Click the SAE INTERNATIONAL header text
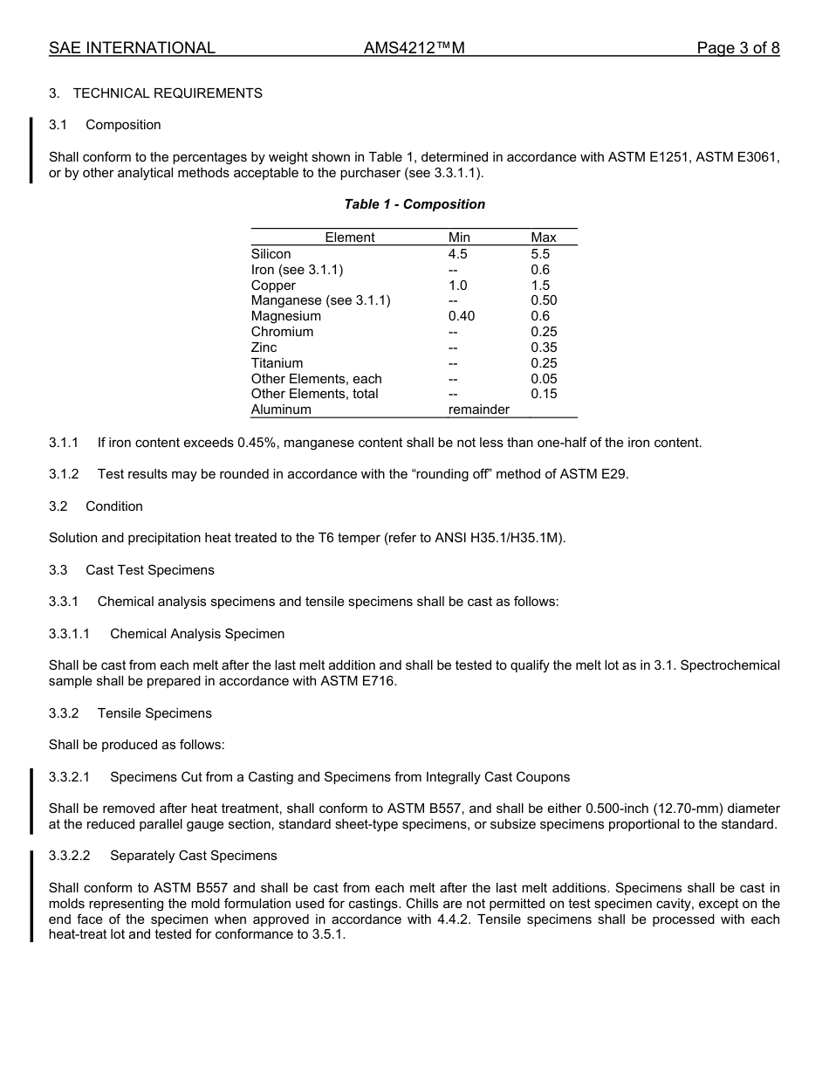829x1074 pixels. tap(132, 48)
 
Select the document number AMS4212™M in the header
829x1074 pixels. tap(414, 48)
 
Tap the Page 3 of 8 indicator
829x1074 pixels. tap(737, 48)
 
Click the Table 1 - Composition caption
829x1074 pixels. tap(414, 204)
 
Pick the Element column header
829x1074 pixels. tap(349, 238)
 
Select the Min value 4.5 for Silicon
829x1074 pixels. tap(458, 254)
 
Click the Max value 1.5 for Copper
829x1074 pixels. tap(540, 286)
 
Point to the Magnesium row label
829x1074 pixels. tap(285, 316)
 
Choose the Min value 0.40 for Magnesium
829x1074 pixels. tap(462, 316)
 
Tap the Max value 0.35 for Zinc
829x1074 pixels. tap(544, 348)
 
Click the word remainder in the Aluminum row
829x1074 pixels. tap(478, 410)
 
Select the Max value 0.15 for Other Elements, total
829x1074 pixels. tap(544, 394)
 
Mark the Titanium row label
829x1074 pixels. tap(277, 363)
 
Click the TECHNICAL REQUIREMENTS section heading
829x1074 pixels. tap(168, 93)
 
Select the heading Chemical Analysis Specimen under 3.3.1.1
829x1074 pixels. tap(197, 634)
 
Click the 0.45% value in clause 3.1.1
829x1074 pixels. tap(258, 443)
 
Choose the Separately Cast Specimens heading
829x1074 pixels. tap(193, 856)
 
